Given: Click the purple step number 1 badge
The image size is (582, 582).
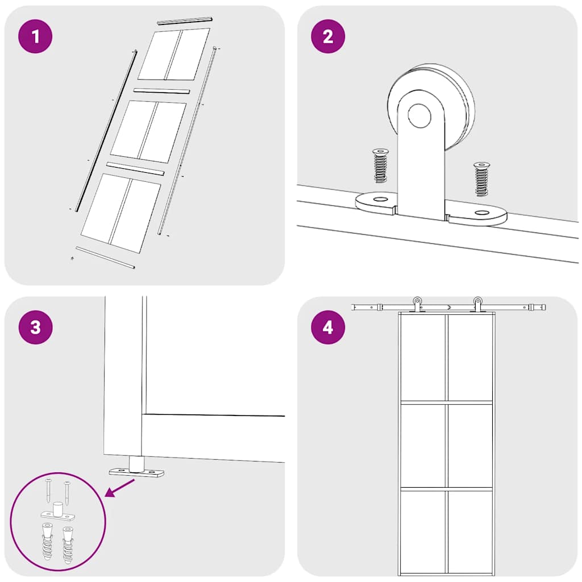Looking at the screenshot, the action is click(35, 36).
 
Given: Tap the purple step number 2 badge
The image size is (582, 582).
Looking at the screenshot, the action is click(328, 36).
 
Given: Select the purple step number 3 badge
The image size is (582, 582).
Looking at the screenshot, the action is click(35, 327).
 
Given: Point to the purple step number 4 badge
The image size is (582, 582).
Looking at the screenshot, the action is click(328, 327).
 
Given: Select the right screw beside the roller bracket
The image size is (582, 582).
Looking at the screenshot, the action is click(482, 179).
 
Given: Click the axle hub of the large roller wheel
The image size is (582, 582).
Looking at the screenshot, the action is click(419, 115).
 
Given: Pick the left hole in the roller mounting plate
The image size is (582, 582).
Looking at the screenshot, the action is click(379, 199).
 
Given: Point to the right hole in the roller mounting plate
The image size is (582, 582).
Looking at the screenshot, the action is click(482, 213).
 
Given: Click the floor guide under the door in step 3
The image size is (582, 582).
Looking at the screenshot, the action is click(136, 468).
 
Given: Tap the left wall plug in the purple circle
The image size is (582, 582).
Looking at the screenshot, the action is click(47, 541).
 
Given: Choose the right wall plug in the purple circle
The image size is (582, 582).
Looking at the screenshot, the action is click(68, 544).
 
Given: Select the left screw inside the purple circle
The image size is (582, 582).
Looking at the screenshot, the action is click(49, 490).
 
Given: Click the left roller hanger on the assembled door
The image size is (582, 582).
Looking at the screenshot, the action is click(418, 305).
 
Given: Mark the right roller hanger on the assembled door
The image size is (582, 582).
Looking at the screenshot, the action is click(477, 305).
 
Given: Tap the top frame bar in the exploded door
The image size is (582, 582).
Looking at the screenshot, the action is click(184, 20).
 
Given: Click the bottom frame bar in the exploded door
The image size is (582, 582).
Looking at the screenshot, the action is click(105, 257).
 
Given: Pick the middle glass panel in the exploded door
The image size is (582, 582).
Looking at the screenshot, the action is click(148, 131).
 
